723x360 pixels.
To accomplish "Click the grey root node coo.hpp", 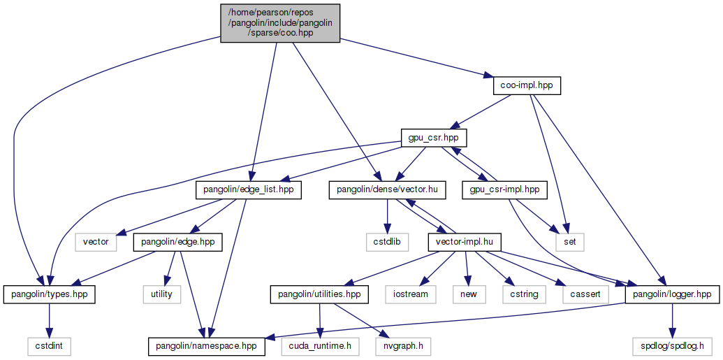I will pyautogui.click(x=280, y=23).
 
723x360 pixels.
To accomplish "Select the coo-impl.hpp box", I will pyautogui.click(x=527, y=85).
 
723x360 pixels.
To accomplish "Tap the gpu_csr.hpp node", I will pyautogui.click(x=434, y=138).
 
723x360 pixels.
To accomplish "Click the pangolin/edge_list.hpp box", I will pyautogui.click(x=249, y=189).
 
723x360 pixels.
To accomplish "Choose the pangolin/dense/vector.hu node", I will pyautogui.click(x=387, y=189).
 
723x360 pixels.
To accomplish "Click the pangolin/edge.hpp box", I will pyautogui.click(x=177, y=242).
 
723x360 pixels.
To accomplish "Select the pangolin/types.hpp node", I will pyautogui.click(x=49, y=294).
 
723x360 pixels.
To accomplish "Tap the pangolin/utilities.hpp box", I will pyautogui.click(x=319, y=294).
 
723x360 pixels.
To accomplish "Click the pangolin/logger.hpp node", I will pyautogui.click(x=671, y=294).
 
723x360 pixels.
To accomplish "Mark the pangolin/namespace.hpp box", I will pyautogui.click(x=207, y=345).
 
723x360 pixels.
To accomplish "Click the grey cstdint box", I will pyautogui.click(x=49, y=345).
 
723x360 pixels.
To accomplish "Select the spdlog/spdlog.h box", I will pyautogui.click(x=671, y=345).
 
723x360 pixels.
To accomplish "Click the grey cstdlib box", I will pyautogui.click(x=384, y=242).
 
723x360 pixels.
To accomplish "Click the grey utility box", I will pyautogui.click(x=161, y=294).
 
